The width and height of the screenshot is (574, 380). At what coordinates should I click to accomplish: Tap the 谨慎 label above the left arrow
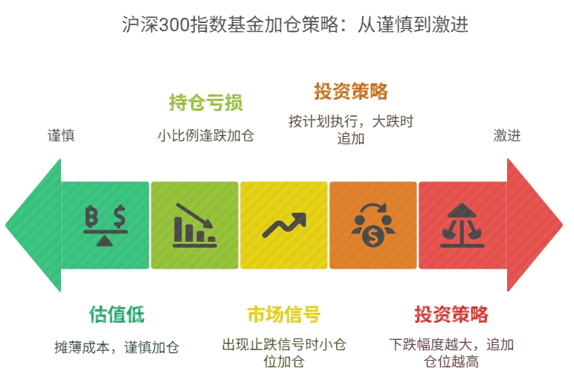click(x=61, y=135)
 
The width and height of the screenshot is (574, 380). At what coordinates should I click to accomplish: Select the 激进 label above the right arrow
click(x=507, y=135)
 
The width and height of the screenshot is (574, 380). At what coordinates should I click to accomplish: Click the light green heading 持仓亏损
click(x=206, y=103)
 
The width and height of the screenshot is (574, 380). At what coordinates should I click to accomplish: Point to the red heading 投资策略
click(x=451, y=314)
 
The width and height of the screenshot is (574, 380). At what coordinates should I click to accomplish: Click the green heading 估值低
click(x=117, y=314)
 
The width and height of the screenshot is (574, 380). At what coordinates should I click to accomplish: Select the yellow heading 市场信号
click(x=283, y=314)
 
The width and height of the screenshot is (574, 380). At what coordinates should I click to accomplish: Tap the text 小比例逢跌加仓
click(x=206, y=136)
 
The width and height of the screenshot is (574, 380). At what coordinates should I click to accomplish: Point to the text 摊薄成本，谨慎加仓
click(x=117, y=347)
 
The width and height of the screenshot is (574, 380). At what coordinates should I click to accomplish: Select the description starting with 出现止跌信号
click(x=283, y=353)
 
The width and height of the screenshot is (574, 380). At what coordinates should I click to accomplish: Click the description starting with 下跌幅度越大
click(x=451, y=353)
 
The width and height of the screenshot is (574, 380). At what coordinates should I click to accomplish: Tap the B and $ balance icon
click(x=106, y=225)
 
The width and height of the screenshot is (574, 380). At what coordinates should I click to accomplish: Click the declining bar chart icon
click(x=195, y=225)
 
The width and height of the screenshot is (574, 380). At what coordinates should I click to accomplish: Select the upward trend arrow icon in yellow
click(x=283, y=225)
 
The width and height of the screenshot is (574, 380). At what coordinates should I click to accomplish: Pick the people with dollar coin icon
click(x=373, y=225)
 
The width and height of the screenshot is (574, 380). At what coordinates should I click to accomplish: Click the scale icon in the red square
click(x=462, y=225)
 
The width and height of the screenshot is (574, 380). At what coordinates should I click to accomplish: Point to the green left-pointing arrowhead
click(x=33, y=225)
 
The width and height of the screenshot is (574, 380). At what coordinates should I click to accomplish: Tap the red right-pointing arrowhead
click(x=535, y=225)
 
